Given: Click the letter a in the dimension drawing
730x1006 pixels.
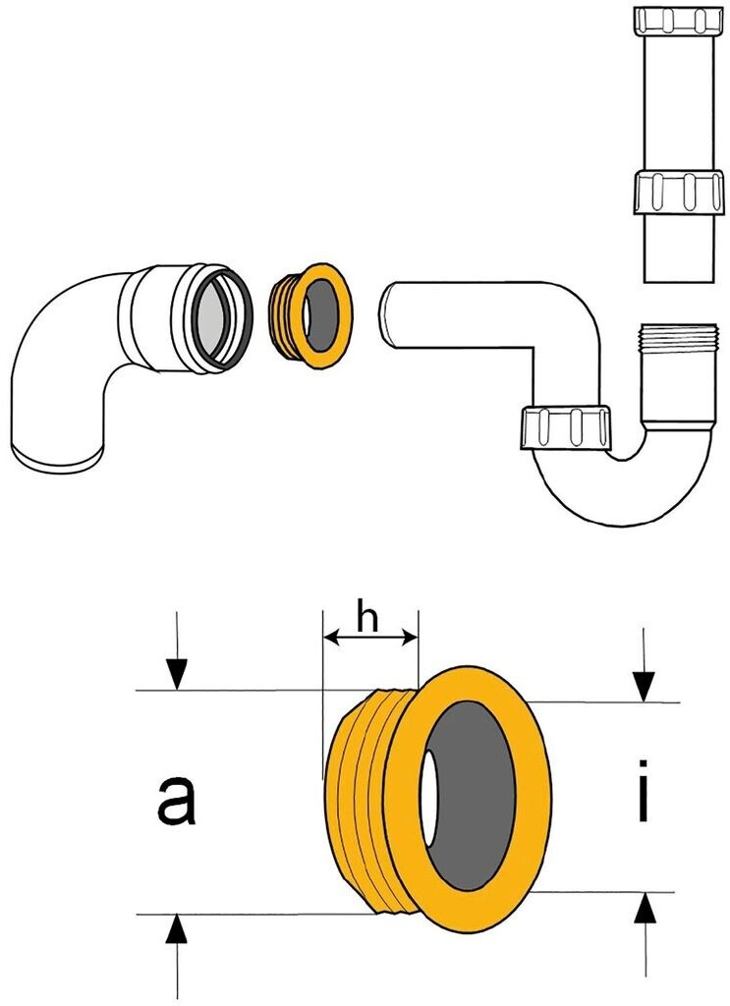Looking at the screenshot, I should tap(177, 800).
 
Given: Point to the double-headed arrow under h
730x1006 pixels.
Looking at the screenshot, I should tap(370, 640).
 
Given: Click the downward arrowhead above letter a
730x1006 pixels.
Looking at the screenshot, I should tap(176, 675).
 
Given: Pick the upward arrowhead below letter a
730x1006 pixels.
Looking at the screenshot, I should tap(176, 928).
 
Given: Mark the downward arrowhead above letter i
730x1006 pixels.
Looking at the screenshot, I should tap(644, 685).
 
